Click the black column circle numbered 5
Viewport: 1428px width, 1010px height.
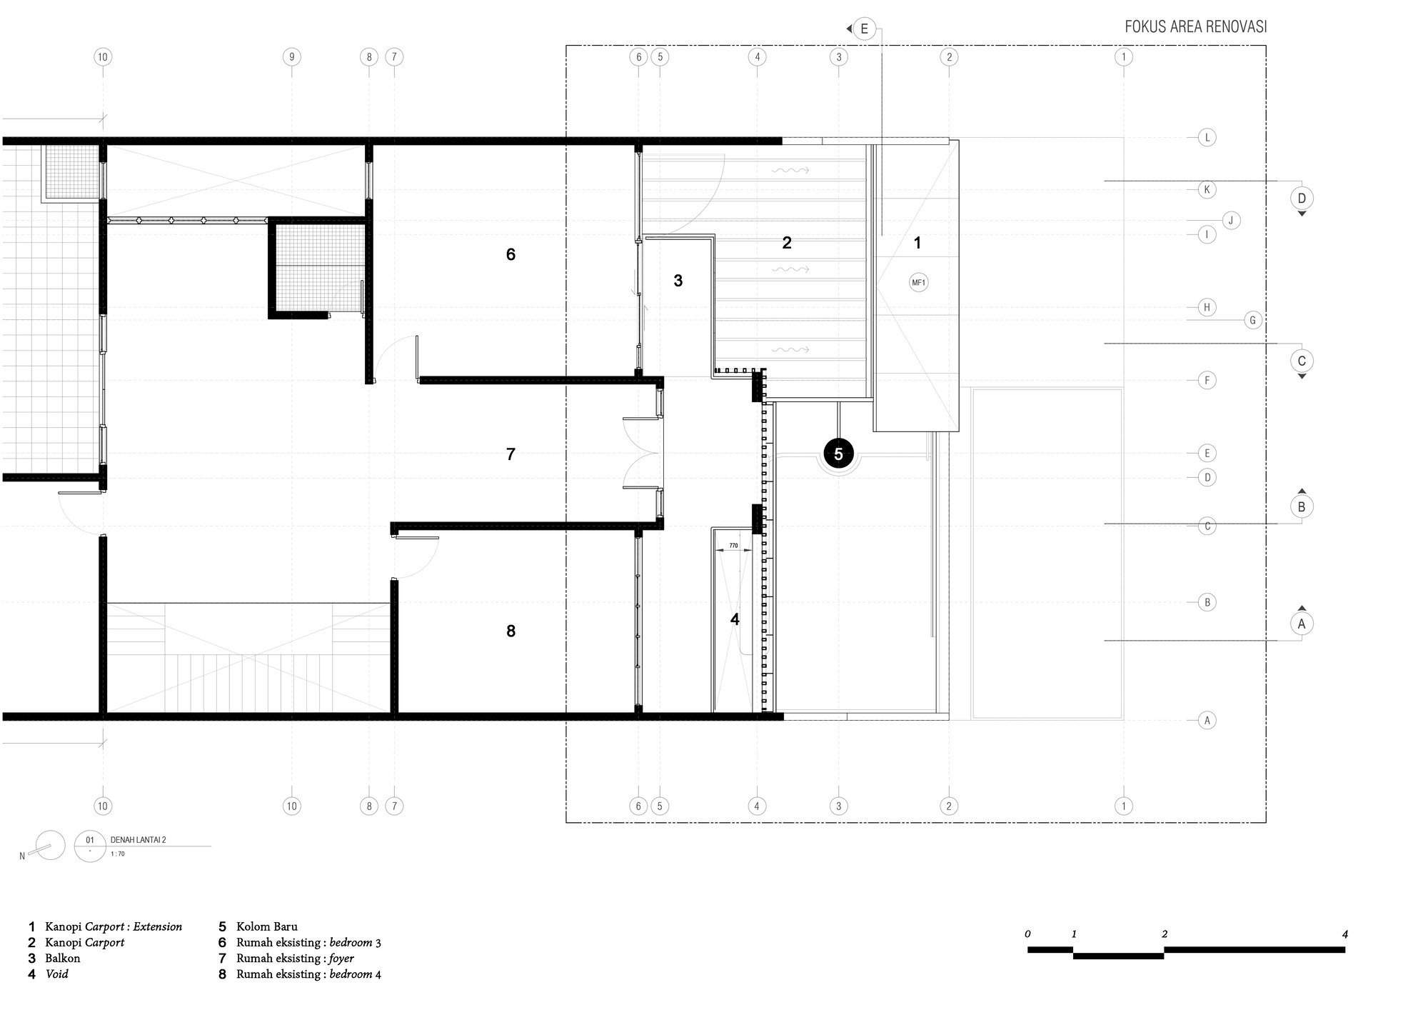(x=838, y=454)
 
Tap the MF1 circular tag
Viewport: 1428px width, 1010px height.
(x=918, y=283)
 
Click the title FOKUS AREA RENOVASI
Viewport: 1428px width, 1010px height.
(x=1196, y=27)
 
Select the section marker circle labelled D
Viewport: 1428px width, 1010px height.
(x=1302, y=198)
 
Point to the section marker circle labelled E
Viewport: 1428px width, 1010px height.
(x=864, y=29)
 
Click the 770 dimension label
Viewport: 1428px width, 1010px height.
(x=733, y=546)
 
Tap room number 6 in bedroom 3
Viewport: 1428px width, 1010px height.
(x=511, y=254)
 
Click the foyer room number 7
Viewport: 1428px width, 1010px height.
(x=511, y=454)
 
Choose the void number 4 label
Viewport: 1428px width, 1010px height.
(x=735, y=619)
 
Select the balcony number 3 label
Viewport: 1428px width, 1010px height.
(x=678, y=281)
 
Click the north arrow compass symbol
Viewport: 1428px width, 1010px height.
(x=49, y=846)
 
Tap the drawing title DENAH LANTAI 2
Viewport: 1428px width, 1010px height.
(x=139, y=840)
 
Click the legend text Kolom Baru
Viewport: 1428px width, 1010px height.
(x=267, y=927)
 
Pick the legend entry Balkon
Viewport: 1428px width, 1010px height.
(x=63, y=959)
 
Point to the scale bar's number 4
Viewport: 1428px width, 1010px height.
(x=1344, y=934)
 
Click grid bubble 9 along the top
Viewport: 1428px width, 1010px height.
(x=291, y=57)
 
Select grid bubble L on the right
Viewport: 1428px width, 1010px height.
(x=1207, y=138)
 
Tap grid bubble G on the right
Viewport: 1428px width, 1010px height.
(x=1252, y=321)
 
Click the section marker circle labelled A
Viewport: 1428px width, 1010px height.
(x=1302, y=624)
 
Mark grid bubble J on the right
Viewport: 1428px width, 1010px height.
(x=1231, y=221)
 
